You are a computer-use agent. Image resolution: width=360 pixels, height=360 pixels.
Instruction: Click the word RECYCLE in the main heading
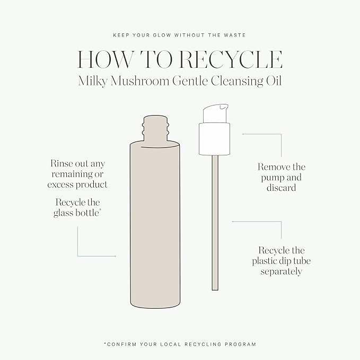pos(231,59)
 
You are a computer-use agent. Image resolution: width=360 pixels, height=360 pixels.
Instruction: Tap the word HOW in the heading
pos(106,59)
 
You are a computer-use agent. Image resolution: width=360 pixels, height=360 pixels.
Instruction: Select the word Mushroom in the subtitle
pos(140,81)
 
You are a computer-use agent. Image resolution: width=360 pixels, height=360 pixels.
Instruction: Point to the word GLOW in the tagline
pos(163,35)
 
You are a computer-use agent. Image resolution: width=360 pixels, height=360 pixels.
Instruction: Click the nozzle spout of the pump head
pos(224,106)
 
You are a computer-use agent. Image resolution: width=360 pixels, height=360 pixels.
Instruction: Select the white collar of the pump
pos(214,139)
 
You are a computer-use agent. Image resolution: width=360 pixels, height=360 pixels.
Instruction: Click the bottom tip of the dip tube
pos(215,289)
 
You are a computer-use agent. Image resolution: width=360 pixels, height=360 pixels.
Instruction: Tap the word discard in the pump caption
pos(281,188)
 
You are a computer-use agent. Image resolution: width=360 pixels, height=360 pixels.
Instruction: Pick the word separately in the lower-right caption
pos(281,272)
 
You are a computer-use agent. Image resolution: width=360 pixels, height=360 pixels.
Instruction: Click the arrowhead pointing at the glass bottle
pos(115,256)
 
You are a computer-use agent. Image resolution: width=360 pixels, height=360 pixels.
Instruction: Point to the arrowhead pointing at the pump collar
pos(243,134)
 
